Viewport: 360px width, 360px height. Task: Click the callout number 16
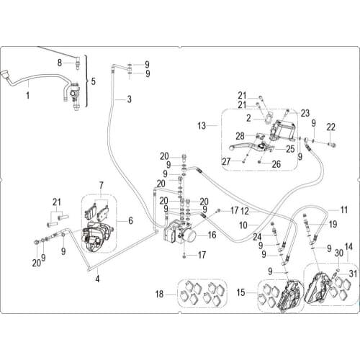click(x=212, y=235)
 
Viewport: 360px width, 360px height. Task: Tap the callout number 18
click(x=160, y=294)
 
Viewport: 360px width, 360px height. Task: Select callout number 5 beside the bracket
click(x=93, y=81)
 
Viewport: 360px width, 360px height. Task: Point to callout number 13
click(x=202, y=125)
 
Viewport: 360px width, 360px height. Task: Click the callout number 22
click(x=331, y=127)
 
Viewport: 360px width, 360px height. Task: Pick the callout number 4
click(x=97, y=279)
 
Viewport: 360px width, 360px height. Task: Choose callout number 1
click(x=28, y=96)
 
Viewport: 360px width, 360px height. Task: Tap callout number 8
click(x=60, y=63)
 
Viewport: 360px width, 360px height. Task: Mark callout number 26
click(x=276, y=164)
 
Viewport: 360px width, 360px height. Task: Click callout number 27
click(x=226, y=162)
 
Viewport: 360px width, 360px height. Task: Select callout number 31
click(x=353, y=274)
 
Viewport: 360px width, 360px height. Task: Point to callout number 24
click(x=257, y=237)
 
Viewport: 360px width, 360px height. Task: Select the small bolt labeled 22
click(x=333, y=145)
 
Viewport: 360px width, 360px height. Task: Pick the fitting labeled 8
click(x=77, y=63)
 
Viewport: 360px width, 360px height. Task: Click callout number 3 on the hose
click(x=130, y=99)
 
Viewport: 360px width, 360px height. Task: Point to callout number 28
click(x=240, y=136)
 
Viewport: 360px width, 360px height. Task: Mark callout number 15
click(x=240, y=292)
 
